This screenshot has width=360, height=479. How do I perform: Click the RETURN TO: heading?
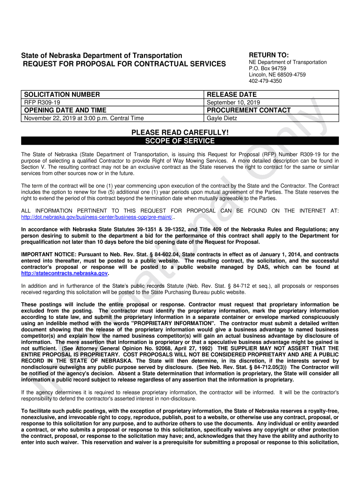click(x=269, y=55)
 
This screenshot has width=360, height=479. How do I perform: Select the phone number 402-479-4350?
click(x=265, y=81)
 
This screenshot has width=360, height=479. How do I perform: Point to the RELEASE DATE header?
click(x=231, y=94)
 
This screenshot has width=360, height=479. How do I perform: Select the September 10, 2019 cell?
click(x=233, y=102)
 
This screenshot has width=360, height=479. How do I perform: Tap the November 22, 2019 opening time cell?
click(x=84, y=118)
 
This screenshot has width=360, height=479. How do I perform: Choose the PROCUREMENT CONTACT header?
click(x=249, y=110)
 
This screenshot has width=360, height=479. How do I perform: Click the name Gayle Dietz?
click(x=222, y=118)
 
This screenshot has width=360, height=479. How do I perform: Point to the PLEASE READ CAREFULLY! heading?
click(x=180, y=133)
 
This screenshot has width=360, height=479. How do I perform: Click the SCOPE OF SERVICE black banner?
click(x=180, y=141)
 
